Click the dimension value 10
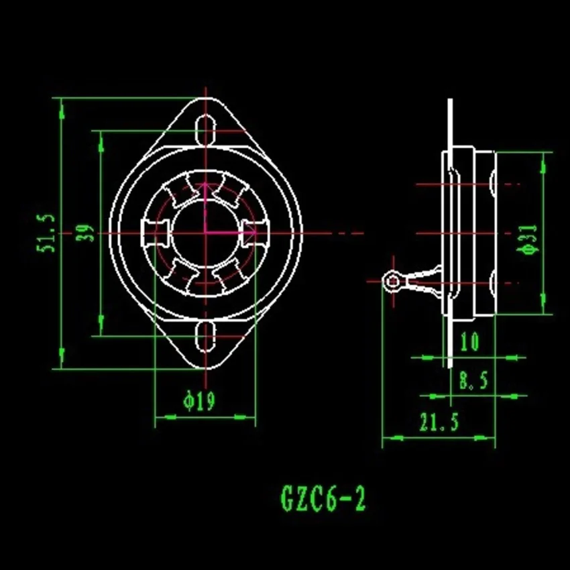pos(469,342)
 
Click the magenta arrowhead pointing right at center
pos(249,232)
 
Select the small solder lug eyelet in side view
pos(392,282)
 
